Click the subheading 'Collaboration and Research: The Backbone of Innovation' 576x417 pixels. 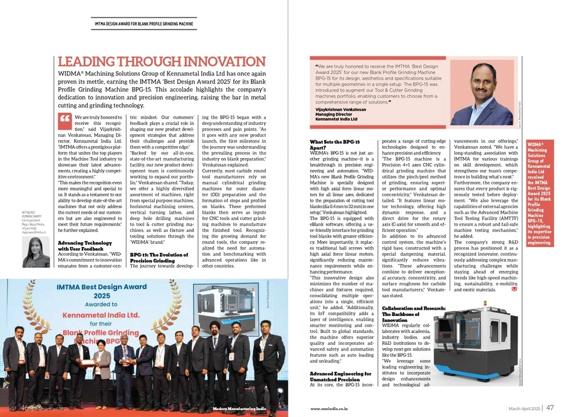click(414, 314)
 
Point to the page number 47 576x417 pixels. click(550, 408)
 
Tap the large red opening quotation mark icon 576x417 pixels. click(65, 120)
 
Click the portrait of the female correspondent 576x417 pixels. click(36, 252)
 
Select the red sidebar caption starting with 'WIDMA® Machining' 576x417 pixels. click(538, 194)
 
